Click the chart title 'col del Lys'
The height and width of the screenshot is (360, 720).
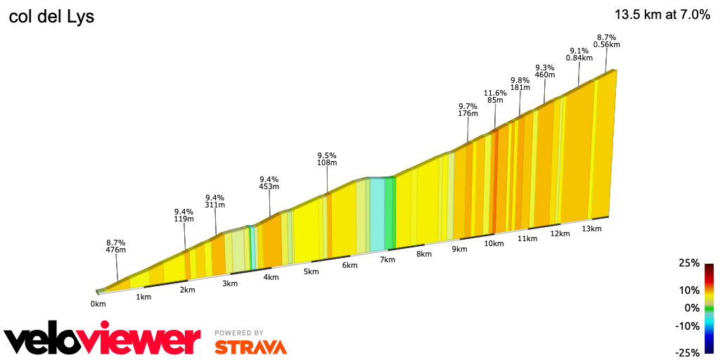51,17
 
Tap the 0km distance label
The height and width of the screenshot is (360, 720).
98,304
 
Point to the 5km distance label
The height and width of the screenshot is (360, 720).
311,271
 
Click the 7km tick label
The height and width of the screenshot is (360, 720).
387,259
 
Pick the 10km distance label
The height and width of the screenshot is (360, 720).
494,243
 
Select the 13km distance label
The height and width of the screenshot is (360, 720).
592,229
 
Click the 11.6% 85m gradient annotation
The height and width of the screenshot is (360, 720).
495,96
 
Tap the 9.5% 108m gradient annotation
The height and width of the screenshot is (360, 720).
326,159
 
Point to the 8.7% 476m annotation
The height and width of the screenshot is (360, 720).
115,245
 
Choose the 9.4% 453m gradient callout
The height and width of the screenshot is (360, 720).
269,183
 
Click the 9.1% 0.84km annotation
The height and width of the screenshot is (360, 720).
579,54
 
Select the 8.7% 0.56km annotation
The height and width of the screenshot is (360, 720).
606,41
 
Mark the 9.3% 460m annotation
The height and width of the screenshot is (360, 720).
545,70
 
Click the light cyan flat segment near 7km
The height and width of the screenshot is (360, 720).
377,214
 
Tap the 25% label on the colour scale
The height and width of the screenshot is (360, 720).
688,263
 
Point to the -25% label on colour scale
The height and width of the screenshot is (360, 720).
687,352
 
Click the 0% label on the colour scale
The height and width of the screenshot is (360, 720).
693,308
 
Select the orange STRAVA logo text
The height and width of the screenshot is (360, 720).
250,347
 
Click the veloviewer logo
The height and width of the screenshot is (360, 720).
103,340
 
